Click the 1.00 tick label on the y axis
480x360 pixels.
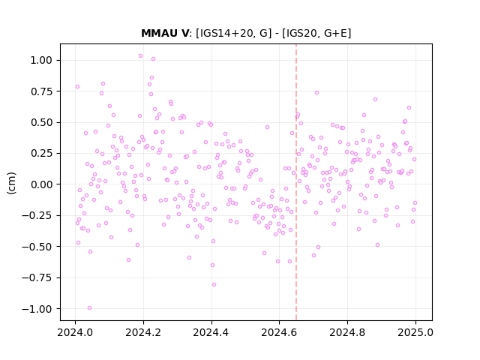[41, 60]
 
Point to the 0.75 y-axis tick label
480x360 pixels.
[41, 91]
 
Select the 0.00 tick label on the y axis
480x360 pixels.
[41, 184]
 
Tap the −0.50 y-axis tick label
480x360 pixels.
[37, 247]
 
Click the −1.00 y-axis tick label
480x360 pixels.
[37, 309]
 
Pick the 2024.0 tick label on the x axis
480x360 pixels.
[75, 332]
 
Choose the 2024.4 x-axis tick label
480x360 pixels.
[211, 332]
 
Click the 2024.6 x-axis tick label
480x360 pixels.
[279, 332]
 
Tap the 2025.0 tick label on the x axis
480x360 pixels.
[415, 332]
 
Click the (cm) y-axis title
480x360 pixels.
[11, 183]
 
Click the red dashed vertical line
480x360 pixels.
[296, 182]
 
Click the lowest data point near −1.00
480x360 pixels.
[89, 308]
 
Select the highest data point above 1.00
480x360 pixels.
[140, 56]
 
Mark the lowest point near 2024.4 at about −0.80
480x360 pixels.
[214, 285]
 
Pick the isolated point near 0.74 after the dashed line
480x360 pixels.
[316, 93]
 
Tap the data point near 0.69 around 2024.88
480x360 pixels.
[375, 100]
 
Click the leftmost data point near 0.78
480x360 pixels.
[77, 87]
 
